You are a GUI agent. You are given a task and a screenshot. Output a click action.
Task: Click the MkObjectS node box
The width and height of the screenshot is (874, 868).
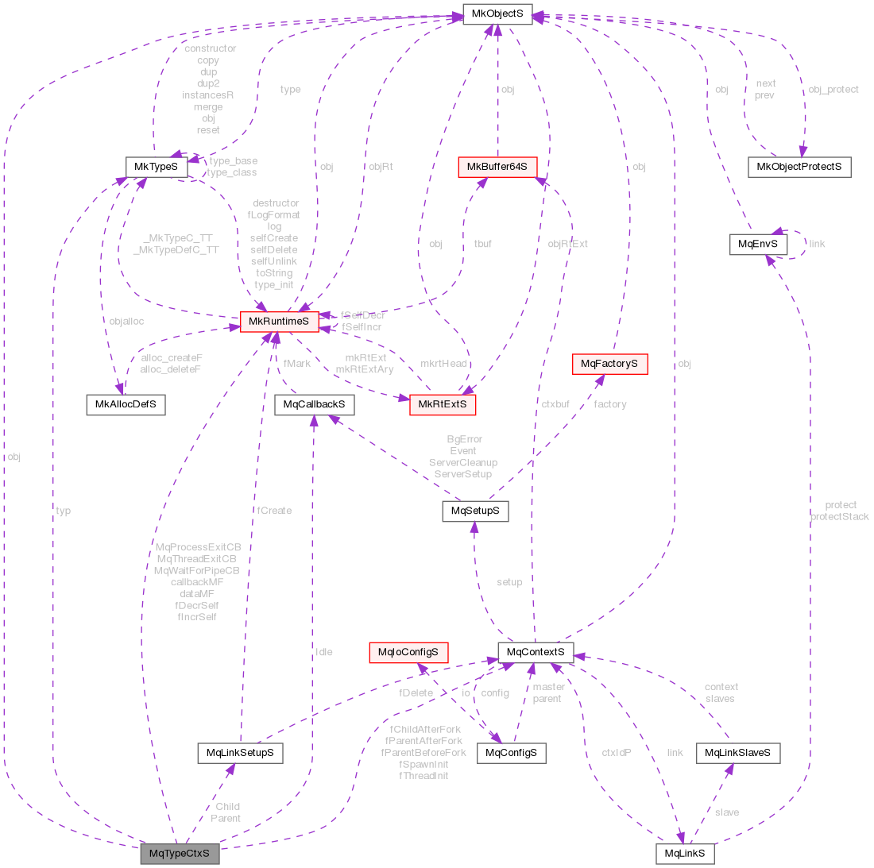(497, 15)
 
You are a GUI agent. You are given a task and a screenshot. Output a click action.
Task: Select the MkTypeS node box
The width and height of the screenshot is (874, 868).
(157, 167)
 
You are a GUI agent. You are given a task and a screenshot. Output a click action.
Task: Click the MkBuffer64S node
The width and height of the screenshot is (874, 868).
(497, 167)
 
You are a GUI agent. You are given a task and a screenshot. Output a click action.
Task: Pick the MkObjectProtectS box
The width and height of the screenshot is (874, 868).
(799, 167)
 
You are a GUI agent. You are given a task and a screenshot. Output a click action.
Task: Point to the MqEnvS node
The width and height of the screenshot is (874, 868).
(758, 244)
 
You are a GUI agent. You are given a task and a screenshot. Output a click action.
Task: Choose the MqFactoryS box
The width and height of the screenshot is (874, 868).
(609, 364)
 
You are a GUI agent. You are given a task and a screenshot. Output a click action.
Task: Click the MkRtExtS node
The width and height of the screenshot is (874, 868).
(442, 404)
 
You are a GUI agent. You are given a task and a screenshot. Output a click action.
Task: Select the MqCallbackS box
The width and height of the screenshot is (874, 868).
(315, 404)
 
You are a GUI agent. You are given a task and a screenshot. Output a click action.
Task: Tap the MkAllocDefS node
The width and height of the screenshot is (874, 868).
(126, 404)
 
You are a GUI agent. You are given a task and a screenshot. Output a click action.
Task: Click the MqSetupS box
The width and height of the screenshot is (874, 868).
(475, 511)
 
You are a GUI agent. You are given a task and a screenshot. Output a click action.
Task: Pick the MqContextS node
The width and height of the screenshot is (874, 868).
(536, 652)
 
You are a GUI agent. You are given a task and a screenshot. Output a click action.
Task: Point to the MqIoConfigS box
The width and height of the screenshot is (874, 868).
(408, 652)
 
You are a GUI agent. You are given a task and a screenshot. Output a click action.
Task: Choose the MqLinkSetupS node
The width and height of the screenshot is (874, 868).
(240, 752)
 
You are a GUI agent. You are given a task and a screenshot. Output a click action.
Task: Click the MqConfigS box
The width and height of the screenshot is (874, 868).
(511, 752)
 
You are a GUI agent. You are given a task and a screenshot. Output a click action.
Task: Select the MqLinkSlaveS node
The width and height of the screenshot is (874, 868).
(737, 752)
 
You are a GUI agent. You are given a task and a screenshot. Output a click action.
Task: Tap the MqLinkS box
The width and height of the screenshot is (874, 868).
(684, 854)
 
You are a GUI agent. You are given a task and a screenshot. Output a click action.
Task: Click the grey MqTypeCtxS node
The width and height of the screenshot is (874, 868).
(179, 854)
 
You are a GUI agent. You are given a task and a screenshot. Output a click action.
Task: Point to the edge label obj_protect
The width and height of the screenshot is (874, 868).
(833, 90)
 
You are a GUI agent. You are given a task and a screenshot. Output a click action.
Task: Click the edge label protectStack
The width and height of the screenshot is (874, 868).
(839, 517)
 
